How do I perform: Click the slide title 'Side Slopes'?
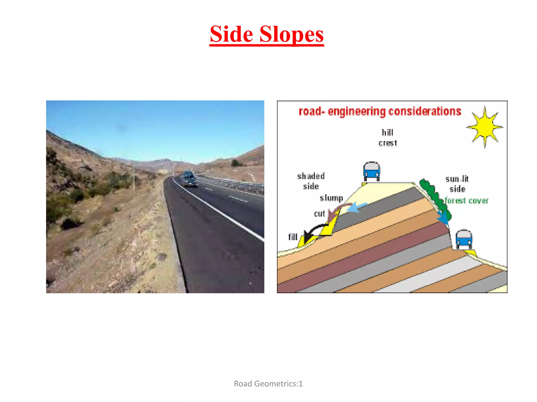266,34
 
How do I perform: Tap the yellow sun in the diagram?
485,127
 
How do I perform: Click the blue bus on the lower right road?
464,239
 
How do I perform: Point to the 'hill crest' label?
388,138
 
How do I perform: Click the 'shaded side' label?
311,181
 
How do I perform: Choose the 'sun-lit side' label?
457,184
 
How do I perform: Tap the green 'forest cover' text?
466,201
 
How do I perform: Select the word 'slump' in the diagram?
331,198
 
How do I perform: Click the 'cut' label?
319,214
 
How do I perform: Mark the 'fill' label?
293,237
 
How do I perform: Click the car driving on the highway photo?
189,179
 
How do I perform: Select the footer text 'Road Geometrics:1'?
268,384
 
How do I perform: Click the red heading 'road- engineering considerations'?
380,111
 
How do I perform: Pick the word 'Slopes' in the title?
291,34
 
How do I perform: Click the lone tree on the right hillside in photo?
236,164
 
